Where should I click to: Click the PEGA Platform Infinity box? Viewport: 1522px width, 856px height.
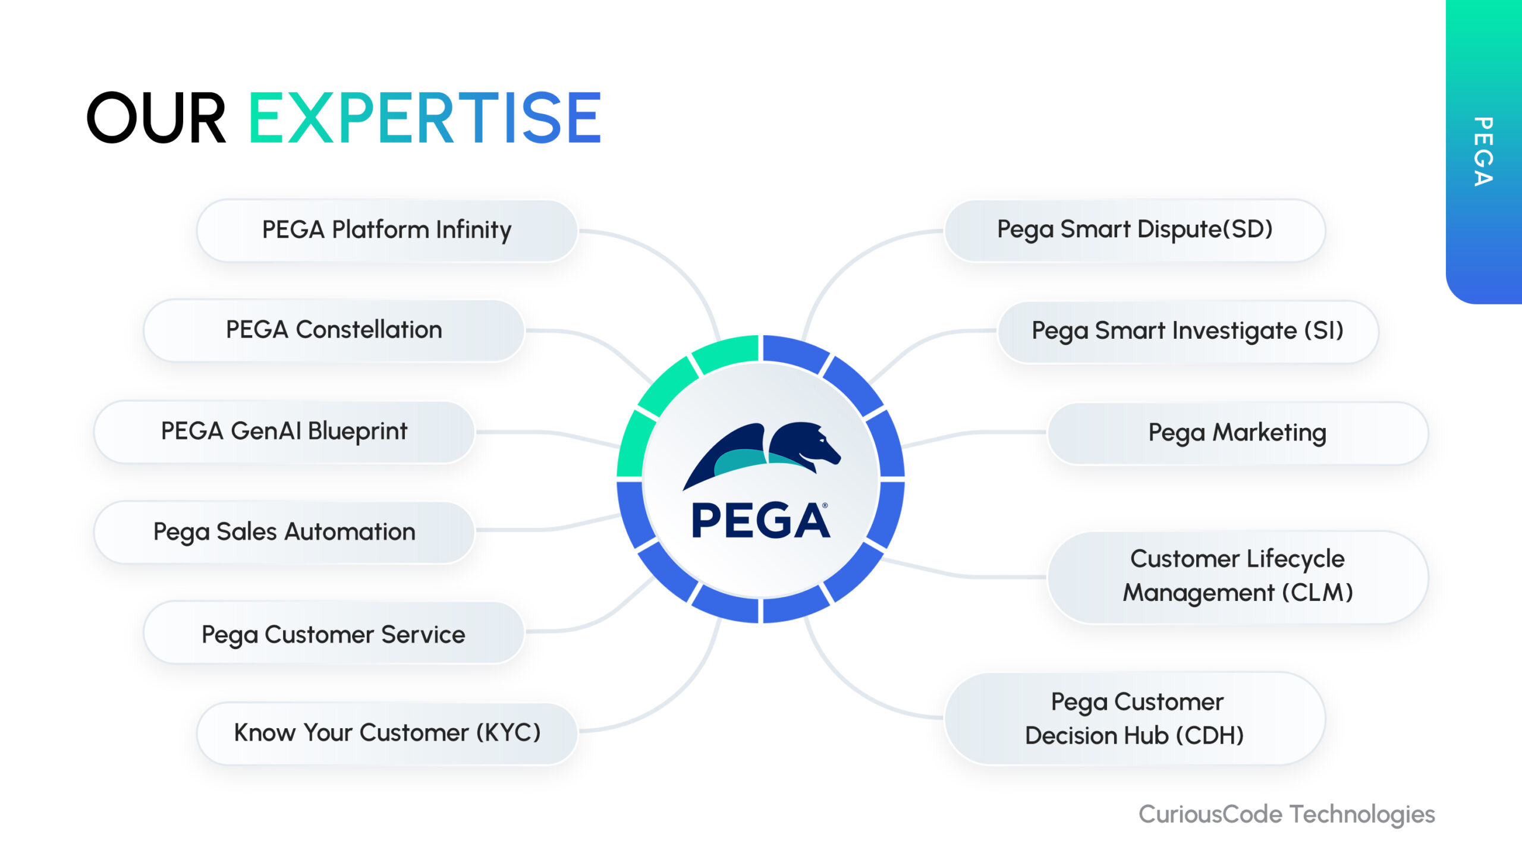click(x=387, y=230)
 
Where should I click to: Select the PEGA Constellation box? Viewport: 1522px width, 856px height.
click(x=334, y=331)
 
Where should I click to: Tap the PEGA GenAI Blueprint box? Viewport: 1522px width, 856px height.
click(x=284, y=432)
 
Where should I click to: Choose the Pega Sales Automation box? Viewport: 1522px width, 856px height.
click(x=284, y=532)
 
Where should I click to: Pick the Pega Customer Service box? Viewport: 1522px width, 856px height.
click(x=334, y=632)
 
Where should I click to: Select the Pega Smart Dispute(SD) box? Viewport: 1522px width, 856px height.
click(x=1135, y=230)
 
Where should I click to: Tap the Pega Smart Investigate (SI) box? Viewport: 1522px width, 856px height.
click(x=1188, y=332)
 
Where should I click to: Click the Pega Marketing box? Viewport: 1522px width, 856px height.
click(x=1238, y=433)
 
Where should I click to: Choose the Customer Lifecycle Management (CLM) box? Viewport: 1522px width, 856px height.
click(x=1238, y=577)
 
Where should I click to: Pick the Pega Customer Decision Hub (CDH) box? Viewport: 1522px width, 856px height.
click(x=1135, y=719)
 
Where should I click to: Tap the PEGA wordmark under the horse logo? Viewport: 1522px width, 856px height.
click(x=760, y=521)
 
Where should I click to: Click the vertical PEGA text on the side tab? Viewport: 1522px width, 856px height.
click(x=1484, y=152)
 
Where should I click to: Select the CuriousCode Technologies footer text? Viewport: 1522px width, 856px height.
click(x=1287, y=814)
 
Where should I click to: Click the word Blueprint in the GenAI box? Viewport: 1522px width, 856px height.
click(x=357, y=432)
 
